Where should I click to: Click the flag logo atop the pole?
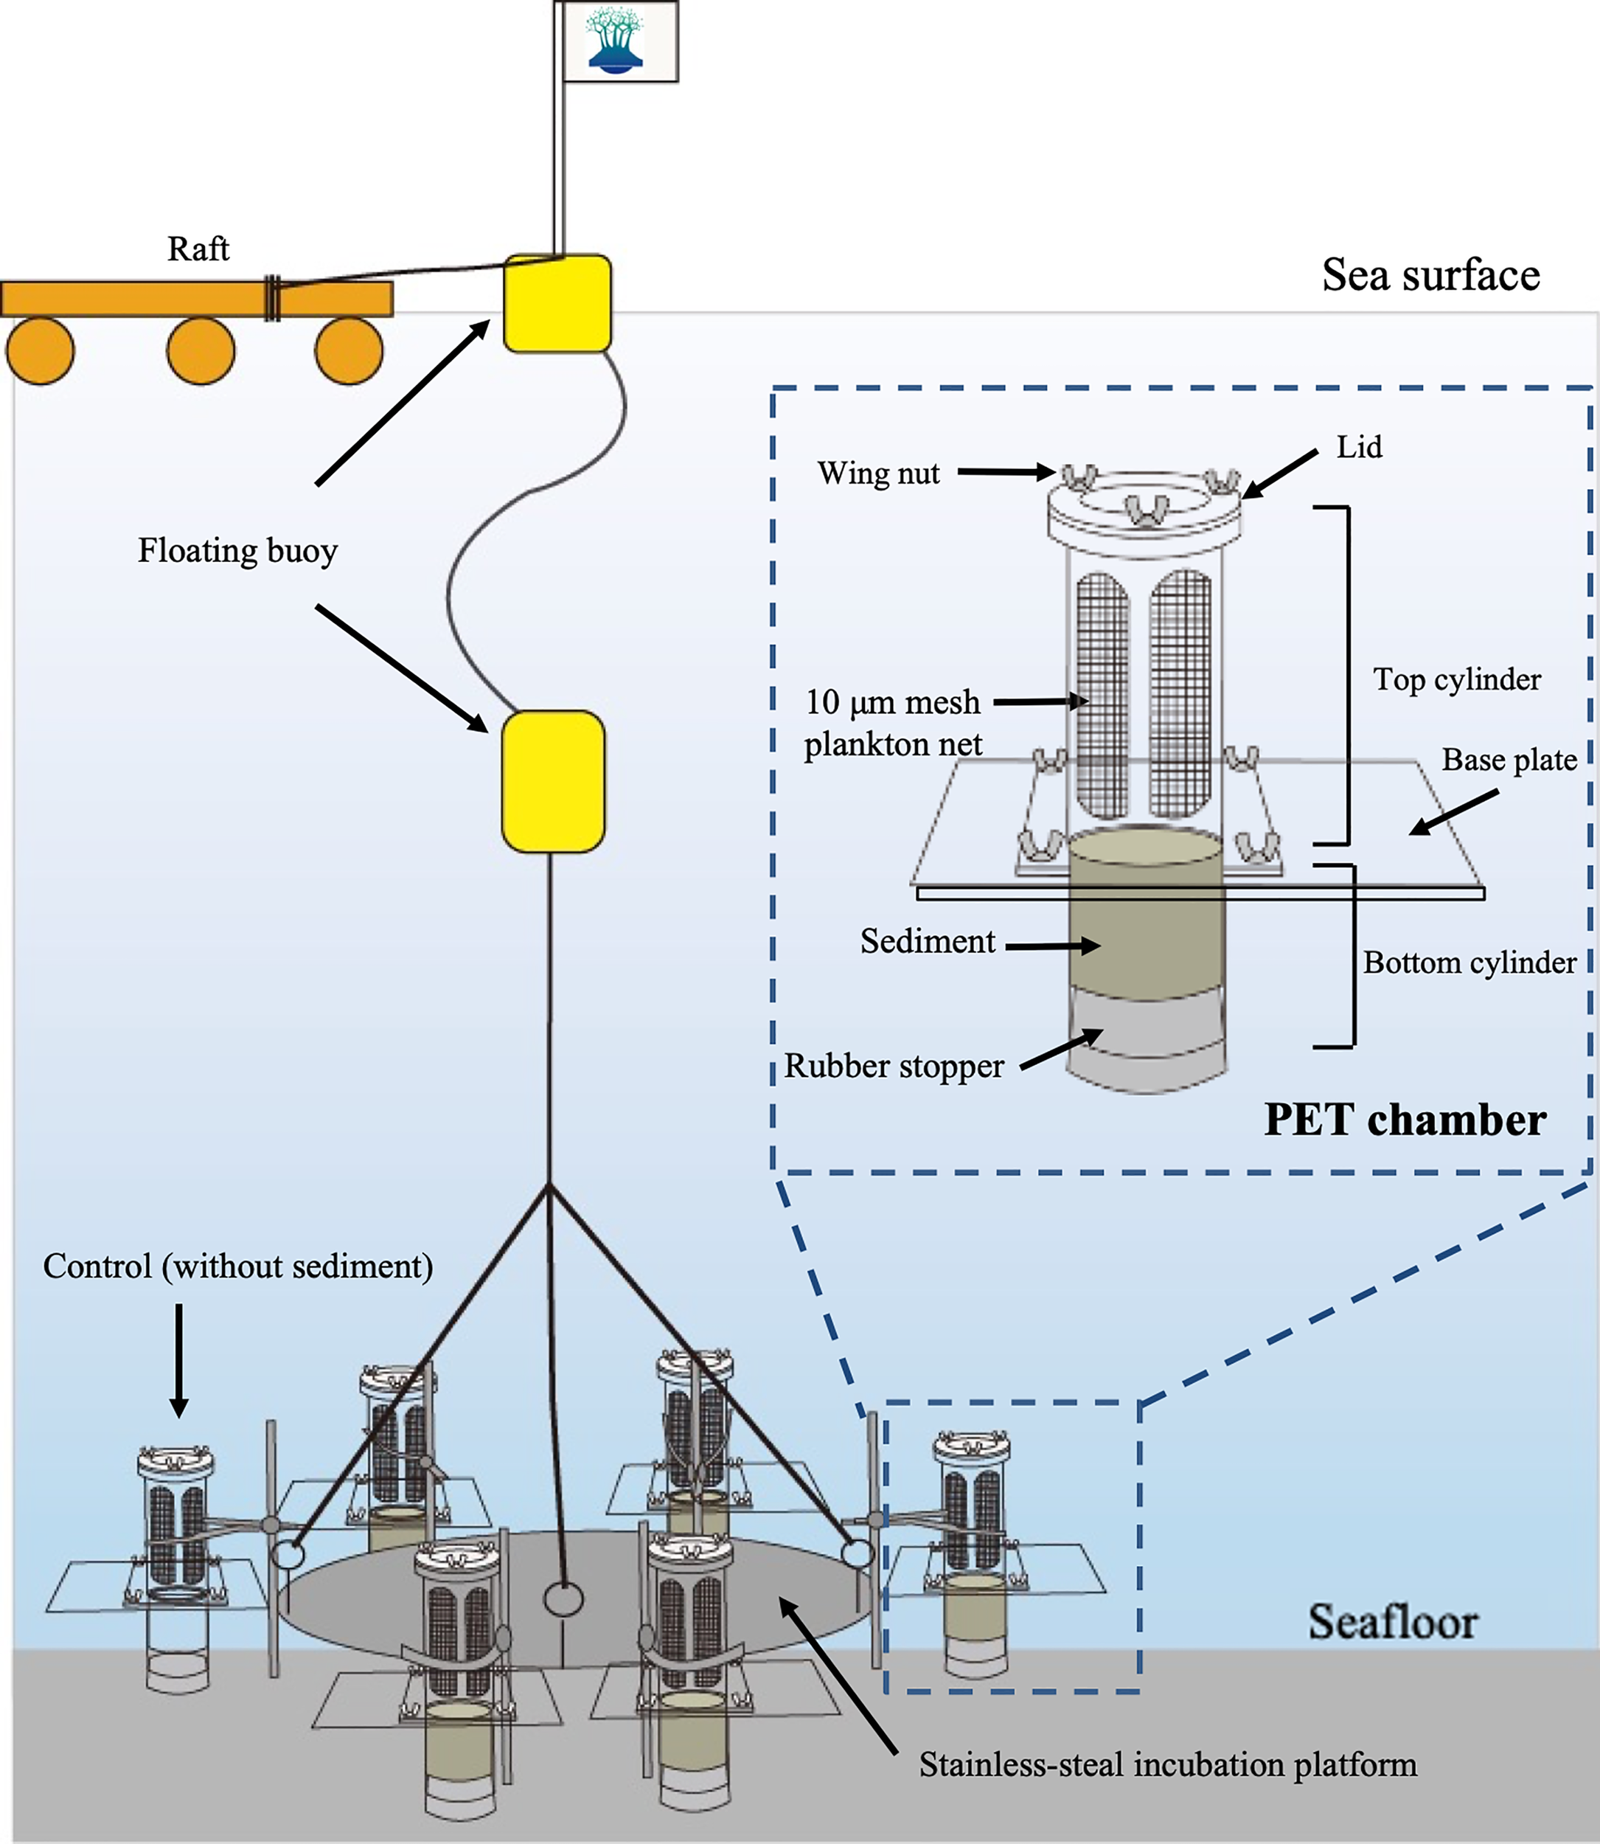click(x=615, y=41)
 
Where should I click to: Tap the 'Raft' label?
click(x=198, y=249)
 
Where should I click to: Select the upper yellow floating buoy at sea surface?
click(x=557, y=304)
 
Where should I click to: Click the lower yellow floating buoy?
click(x=553, y=781)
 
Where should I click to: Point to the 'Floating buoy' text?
click(x=237, y=550)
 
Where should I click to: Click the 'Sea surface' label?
click(x=1430, y=275)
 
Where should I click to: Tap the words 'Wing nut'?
click(x=879, y=474)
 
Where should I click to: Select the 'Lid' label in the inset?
click(x=1359, y=446)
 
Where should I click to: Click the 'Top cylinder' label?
click(x=1456, y=679)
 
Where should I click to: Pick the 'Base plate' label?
click(x=1509, y=760)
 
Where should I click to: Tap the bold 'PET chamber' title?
click(x=1405, y=1120)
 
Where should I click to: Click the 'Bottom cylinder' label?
click(x=1469, y=963)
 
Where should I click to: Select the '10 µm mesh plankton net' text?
click(x=893, y=724)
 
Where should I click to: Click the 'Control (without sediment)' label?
click(x=237, y=1266)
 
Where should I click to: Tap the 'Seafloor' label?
click(x=1393, y=1622)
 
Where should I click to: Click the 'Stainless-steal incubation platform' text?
click(x=1168, y=1765)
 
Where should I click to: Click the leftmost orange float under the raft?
click(x=40, y=351)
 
